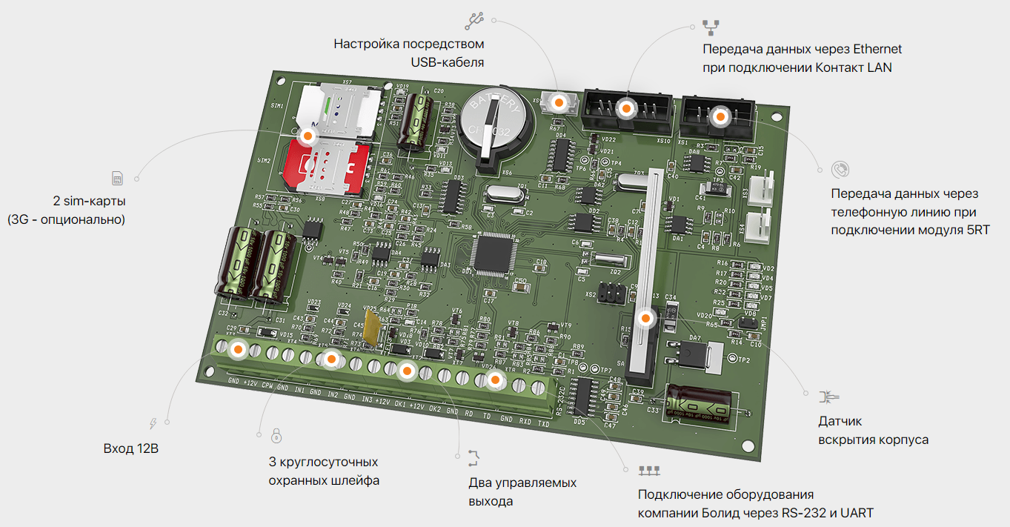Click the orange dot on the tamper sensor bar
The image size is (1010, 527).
[646, 319]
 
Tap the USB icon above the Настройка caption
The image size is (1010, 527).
[474, 20]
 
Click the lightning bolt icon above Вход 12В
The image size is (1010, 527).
[153, 423]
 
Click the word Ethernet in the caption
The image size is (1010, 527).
[877, 50]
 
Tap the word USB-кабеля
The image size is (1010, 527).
[448, 62]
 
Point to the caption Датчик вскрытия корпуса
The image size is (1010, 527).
[873, 431]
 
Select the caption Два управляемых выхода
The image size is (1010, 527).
[522, 491]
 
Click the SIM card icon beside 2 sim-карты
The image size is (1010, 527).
[117, 179]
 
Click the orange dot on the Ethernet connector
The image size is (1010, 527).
[626, 109]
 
